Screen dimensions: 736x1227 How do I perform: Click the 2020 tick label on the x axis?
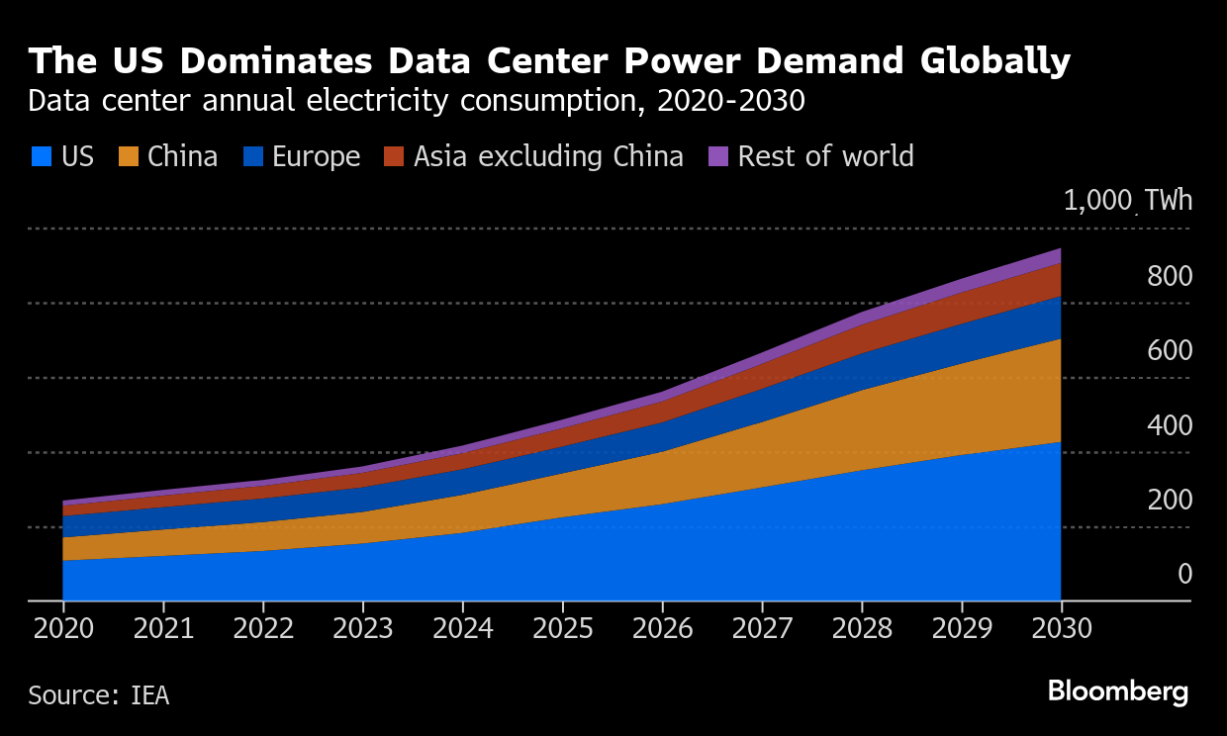(x=62, y=630)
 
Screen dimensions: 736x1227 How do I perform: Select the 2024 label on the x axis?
(x=462, y=630)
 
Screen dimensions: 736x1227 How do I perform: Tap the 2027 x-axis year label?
(x=762, y=630)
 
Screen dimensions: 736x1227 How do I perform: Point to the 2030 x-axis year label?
(x=1061, y=630)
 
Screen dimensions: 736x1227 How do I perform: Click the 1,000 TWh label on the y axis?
(x=1128, y=201)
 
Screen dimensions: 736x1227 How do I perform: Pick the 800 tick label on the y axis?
(x=1170, y=277)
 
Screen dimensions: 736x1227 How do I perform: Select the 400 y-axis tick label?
(x=1170, y=426)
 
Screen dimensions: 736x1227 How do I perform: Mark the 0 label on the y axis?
(x=1184, y=575)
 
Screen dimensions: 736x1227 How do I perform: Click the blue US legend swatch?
(x=41, y=156)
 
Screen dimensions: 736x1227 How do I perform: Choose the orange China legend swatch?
(x=128, y=156)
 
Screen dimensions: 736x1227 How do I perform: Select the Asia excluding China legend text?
(x=548, y=156)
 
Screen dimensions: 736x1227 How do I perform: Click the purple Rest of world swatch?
(x=719, y=156)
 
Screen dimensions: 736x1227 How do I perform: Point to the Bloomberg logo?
(x=1118, y=690)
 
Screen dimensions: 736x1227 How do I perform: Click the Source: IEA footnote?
(x=98, y=695)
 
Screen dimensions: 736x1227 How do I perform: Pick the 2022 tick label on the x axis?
(x=263, y=630)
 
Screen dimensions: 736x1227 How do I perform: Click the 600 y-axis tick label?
(x=1170, y=351)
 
